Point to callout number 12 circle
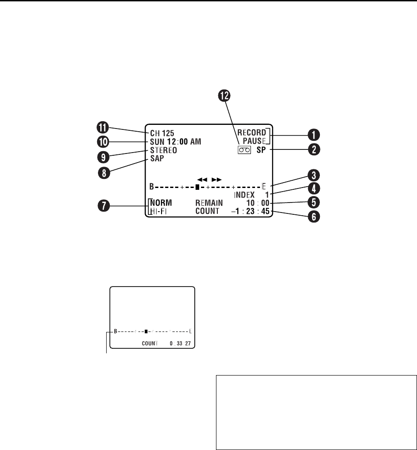click(x=224, y=95)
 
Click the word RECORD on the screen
click(x=254, y=133)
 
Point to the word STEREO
click(x=163, y=150)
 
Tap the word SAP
click(x=157, y=159)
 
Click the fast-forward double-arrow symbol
click(x=216, y=179)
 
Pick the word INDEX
click(x=245, y=195)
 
